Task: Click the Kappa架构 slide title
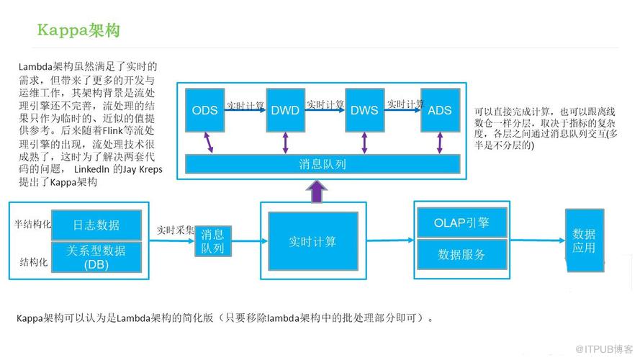click(x=79, y=31)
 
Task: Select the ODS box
click(x=205, y=110)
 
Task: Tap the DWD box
click(x=285, y=110)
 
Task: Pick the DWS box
click(x=364, y=110)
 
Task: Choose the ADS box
click(x=440, y=110)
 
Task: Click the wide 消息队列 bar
click(x=323, y=164)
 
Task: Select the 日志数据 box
click(x=96, y=225)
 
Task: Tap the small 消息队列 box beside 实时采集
click(x=212, y=241)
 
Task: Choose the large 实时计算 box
click(x=312, y=241)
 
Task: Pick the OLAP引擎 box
click(x=461, y=222)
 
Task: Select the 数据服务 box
click(x=461, y=254)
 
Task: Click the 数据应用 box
click(x=584, y=240)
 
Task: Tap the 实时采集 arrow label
click(x=176, y=230)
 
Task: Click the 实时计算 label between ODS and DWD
click(x=245, y=105)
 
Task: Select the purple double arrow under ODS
click(x=209, y=142)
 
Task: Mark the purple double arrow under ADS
click(x=439, y=142)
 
